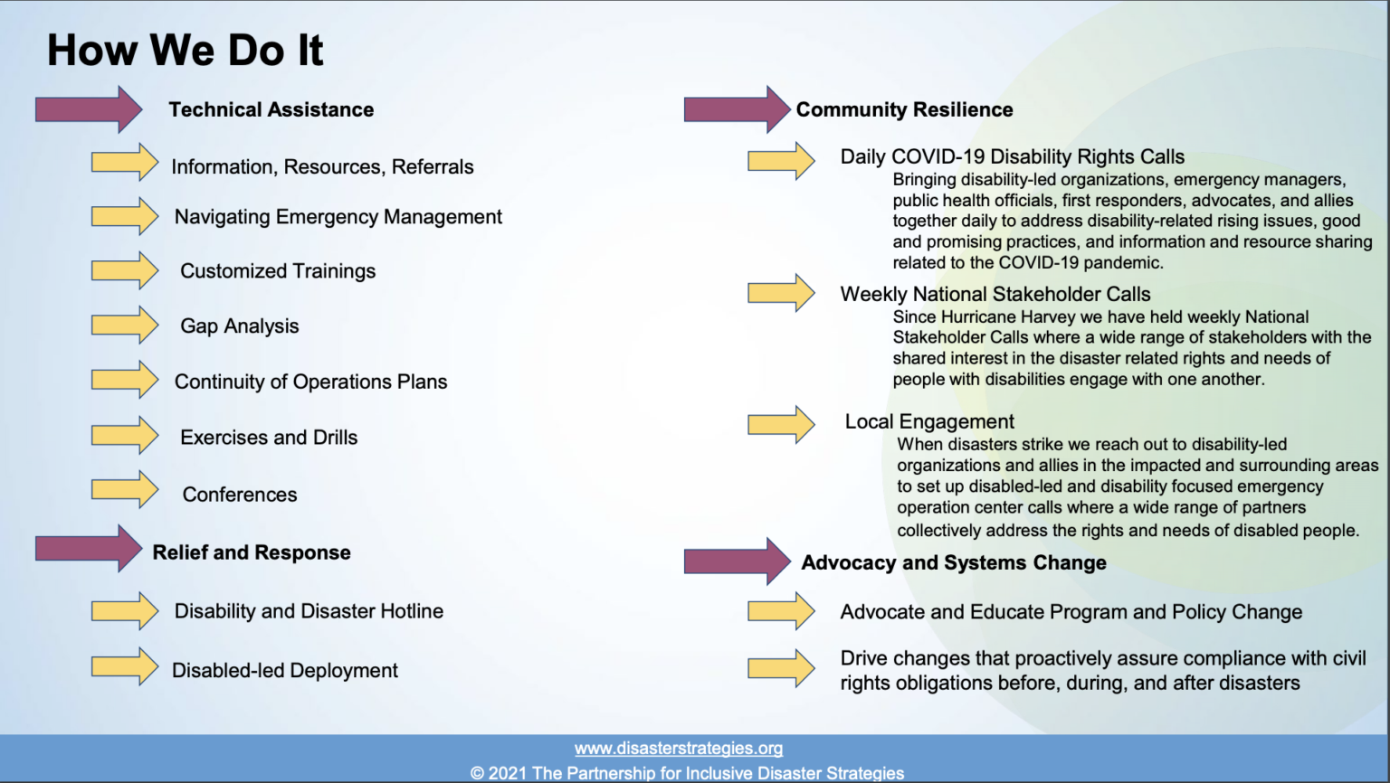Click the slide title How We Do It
[x=185, y=51]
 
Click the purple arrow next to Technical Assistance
[x=89, y=109]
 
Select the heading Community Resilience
[x=904, y=109]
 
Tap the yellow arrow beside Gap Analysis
[x=125, y=325]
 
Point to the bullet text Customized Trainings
[x=278, y=271]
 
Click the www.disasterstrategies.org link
[x=678, y=749]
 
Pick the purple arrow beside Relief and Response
[x=89, y=549]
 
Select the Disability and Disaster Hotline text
[x=309, y=611]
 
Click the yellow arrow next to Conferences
[x=125, y=490]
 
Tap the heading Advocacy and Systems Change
[x=954, y=562]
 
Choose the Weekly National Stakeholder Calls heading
[x=995, y=294]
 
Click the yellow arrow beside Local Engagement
[x=781, y=425]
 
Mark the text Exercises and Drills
[x=269, y=438]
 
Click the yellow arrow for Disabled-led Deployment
[x=125, y=666]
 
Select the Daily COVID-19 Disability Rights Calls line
[x=1012, y=156]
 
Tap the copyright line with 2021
[x=687, y=773]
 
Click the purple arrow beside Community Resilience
[x=738, y=109]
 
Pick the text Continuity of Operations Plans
[x=310, y=382]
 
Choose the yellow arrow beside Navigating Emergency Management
[x=125, y=216]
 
